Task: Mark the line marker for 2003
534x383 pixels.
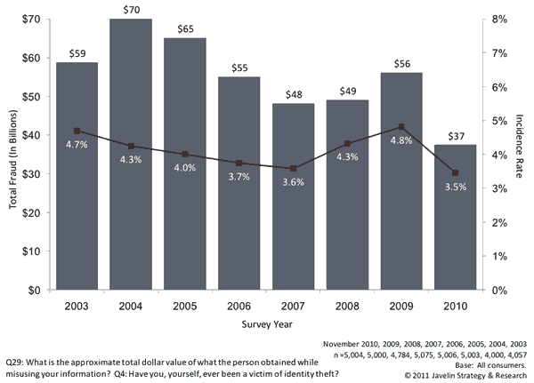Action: (77, 131)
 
